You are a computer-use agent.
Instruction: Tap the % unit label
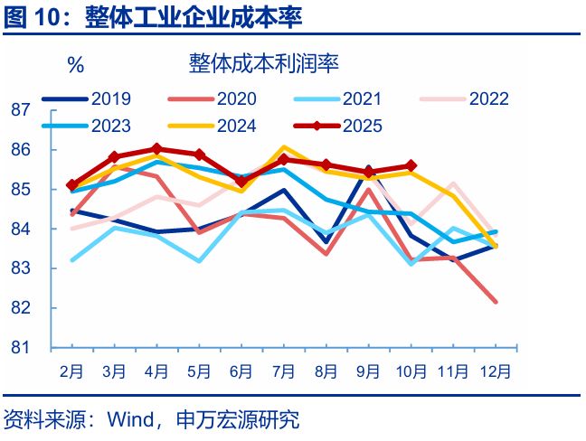point(75,65)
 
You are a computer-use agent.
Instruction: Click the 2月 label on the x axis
point(72,371)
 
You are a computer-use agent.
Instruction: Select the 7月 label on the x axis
point(284,371)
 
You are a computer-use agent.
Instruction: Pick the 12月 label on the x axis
point(495,371)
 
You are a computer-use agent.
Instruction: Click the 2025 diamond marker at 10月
point(411,165)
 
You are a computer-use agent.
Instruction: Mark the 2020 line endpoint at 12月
point(496,302)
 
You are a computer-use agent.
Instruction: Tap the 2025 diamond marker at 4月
point(156,149)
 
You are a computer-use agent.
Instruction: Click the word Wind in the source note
point(129,420)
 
